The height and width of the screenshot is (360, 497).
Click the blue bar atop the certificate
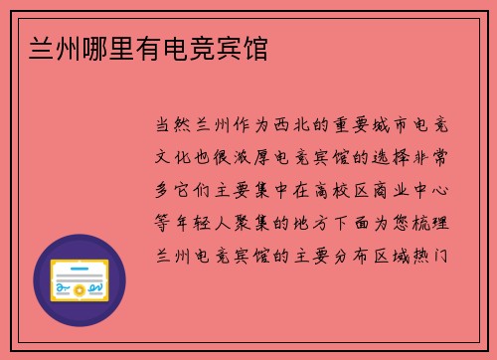click(79, 260)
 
